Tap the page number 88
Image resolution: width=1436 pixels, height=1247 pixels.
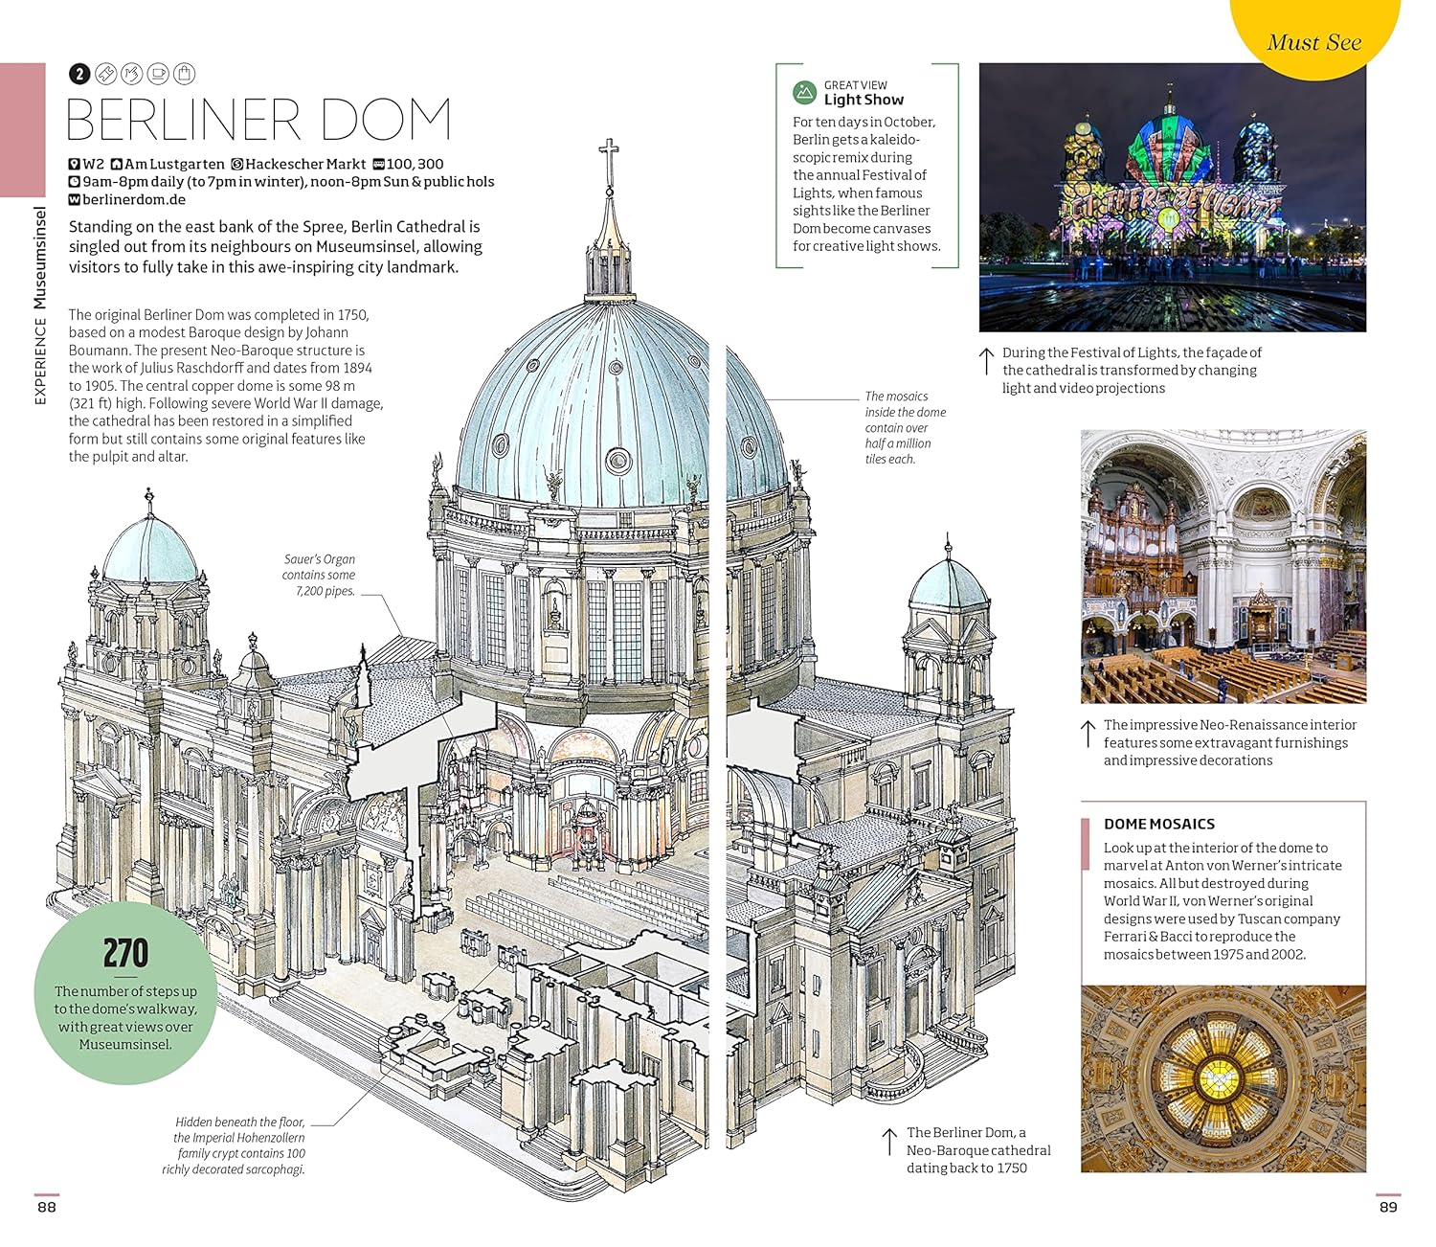tap(47, 1207)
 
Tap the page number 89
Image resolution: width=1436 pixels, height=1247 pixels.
tap(1388, 1207)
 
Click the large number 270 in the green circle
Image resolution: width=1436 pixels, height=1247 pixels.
tap(125, 953)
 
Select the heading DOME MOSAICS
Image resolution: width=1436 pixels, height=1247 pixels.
tap(1158, 824)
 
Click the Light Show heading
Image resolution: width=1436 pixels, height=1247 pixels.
tap(864, 100)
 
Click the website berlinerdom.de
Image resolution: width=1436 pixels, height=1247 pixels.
tap(133, 199)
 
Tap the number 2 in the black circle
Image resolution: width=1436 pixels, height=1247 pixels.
tap(79, 74)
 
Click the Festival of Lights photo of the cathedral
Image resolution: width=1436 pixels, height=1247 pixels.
tap(1172, 197)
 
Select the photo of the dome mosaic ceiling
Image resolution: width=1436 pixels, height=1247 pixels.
tap(1223, 1078)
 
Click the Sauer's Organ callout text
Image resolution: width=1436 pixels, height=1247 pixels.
tap(319, 575)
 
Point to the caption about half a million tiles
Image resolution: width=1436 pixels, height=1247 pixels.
tap(905, 427)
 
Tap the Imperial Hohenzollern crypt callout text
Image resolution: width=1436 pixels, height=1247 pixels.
tap(239, 1145)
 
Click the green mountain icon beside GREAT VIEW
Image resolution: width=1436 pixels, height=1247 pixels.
tap(804, 93)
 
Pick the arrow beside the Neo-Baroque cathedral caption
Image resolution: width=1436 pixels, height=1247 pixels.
tap(889, 1142)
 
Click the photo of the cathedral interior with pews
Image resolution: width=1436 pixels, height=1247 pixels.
tap(1223, 566)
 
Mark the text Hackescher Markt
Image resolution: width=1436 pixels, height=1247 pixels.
tap(304, 164)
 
